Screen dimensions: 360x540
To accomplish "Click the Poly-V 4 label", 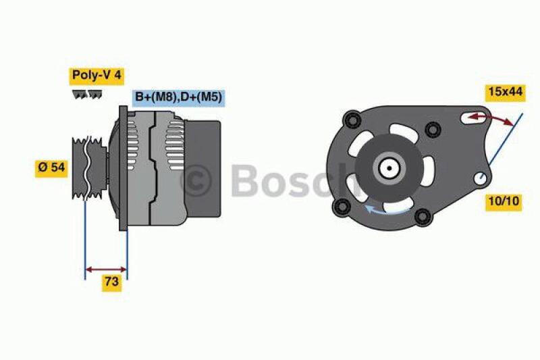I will (96, 75).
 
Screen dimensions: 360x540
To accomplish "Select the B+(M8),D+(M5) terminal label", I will (178, 97).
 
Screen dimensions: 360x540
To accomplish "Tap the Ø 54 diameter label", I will (52, 168).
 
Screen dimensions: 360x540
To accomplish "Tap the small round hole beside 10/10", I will (481, 179).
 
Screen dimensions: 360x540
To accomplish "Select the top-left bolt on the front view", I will (350, 121).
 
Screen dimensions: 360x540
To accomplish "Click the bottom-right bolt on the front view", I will (423, 216).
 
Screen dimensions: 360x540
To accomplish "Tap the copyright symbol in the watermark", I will (196, 180).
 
